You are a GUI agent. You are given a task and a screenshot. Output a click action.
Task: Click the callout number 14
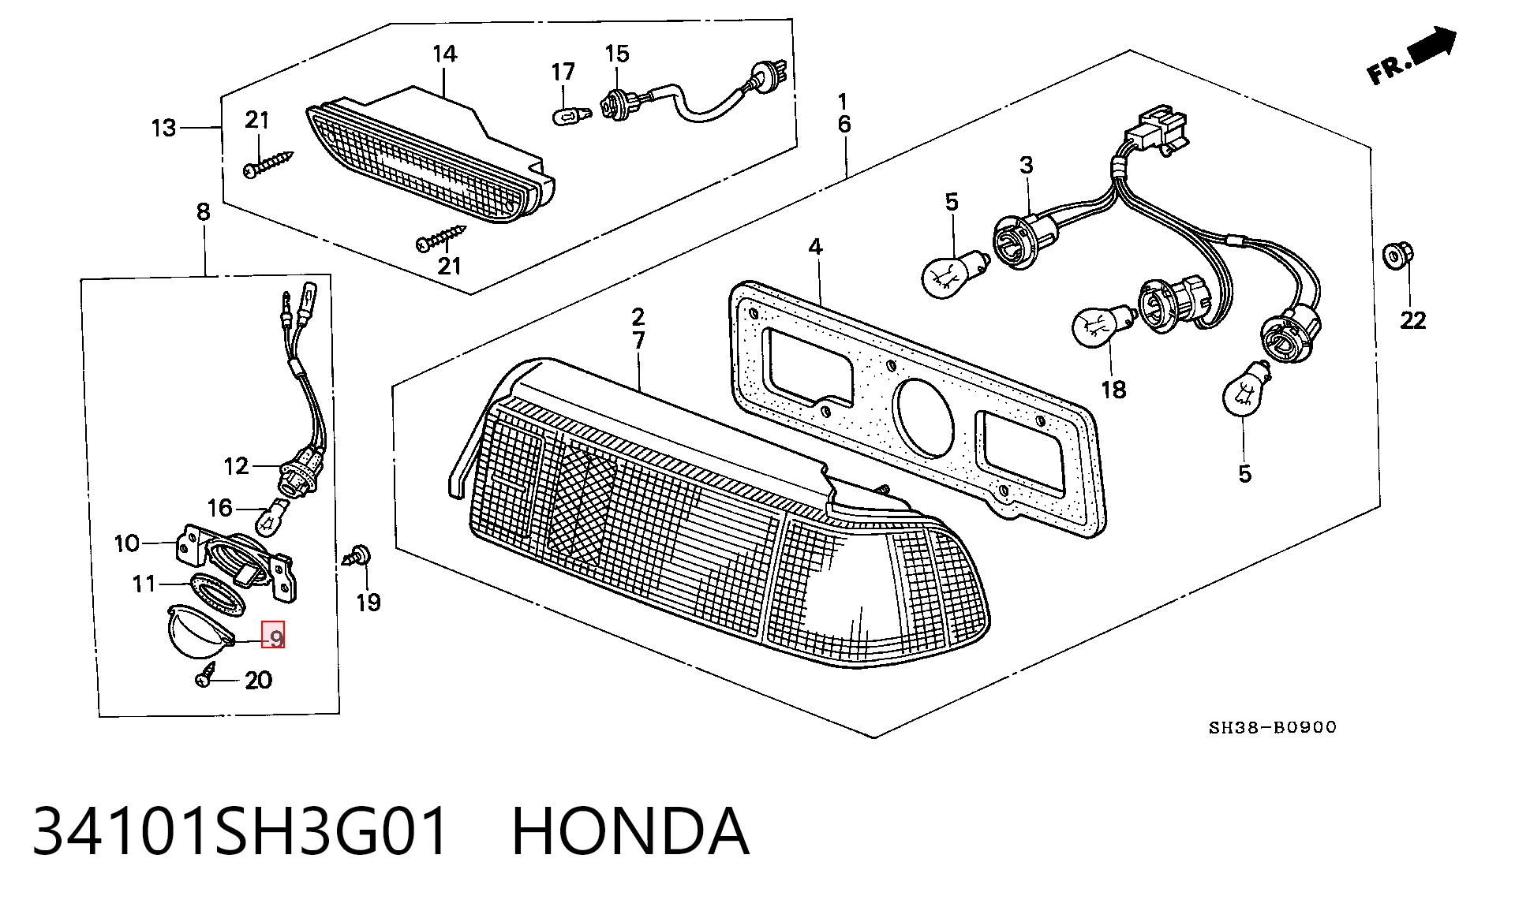[x=445, y=54]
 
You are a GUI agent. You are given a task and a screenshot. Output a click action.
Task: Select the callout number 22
[x=1412, y=320]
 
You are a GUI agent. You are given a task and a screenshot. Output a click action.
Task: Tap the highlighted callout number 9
[x=274, y=636]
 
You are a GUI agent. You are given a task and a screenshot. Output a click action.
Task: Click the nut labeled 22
[x=1397, y=256]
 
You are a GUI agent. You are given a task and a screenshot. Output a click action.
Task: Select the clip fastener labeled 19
[x=358, y=554]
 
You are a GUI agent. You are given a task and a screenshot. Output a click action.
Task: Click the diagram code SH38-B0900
[x=1273, y=727]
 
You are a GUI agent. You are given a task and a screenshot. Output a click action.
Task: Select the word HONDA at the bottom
[x=630, y=831]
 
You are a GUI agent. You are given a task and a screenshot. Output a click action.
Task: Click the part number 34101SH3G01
[x=241, y=831]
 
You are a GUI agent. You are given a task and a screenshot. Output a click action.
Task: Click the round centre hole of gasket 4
[x=923, y=417]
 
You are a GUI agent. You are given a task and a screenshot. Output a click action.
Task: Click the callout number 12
[x=237, y=466]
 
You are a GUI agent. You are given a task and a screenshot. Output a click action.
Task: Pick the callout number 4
[x=815, y=247]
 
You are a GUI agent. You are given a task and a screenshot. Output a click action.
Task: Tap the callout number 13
[x=163, y=128]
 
